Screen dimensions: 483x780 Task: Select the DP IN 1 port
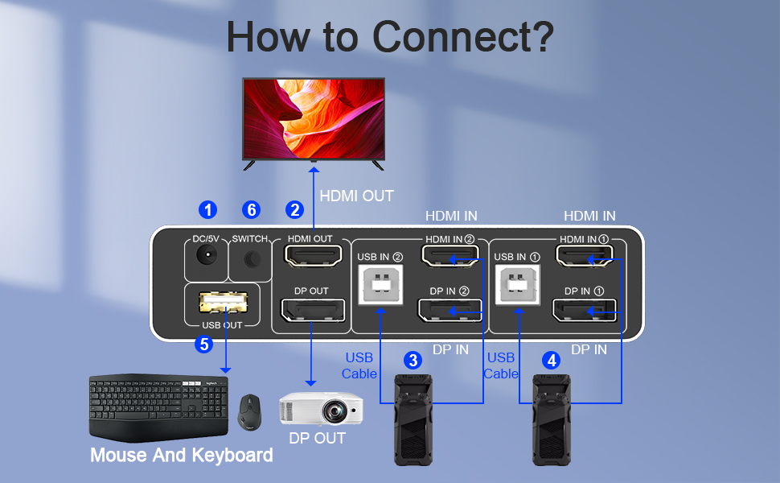point(585,311)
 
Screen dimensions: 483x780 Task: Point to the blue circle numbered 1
point(208,210)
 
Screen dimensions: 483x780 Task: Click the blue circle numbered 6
point(252,210)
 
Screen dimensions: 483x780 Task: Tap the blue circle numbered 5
point(204,345)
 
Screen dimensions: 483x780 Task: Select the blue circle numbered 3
point(413,360)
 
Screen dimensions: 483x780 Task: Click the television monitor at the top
point(314,121)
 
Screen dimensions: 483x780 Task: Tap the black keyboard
point(158,406)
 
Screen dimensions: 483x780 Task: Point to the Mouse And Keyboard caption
point(181,456)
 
